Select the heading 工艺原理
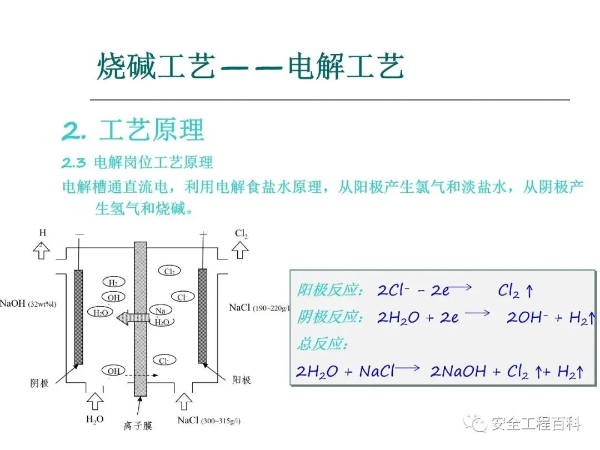152,130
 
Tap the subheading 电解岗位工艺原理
153,163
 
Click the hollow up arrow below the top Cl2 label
240,251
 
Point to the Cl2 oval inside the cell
170,271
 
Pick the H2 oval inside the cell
113,282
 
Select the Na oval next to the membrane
161,311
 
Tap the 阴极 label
39,383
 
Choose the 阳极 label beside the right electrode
241,380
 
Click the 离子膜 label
138,426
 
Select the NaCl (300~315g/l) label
209,421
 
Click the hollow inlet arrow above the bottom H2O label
95,400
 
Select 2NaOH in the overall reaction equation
458,371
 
